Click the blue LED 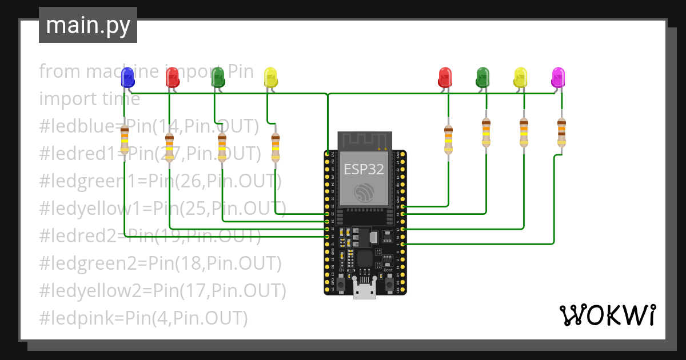tap(127, 76)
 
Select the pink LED tap(558, 77)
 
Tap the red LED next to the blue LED tap(172, 77)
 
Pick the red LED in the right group tap(445, 77)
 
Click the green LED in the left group tap(218, 77)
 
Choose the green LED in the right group tap(483, 77)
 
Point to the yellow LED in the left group tap(270, 77)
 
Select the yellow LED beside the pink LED tap(520, 77)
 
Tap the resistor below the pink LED tap(561, 133)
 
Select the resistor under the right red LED tap(448, 140)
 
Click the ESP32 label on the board tap(364, 169)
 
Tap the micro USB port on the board tap(365, 290)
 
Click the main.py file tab tap(88, 25)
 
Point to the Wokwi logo tap(607, 315)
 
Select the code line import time tap(90, 99)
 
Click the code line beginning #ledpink tap(143, 318)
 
